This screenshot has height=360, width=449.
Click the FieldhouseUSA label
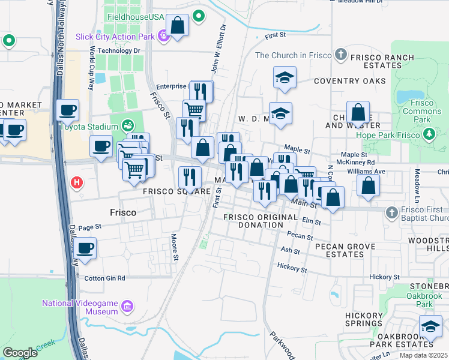tap(136, 16)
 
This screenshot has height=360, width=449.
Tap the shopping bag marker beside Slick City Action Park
tap(178, 26)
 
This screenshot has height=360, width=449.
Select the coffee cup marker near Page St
tap(85, 248)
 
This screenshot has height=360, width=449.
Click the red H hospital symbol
tap(76, 182)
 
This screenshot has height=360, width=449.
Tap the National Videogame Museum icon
tap(126, 308)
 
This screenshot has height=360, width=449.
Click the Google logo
tap(20, 353)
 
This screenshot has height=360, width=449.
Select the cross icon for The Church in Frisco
tap(340, 55)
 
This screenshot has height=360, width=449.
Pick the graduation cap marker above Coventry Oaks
tap(285, 77)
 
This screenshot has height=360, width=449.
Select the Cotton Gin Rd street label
tap(104, 278)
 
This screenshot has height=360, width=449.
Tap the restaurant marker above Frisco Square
tap(188, 176)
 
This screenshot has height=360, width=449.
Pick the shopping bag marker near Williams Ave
tap(368, 185)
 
